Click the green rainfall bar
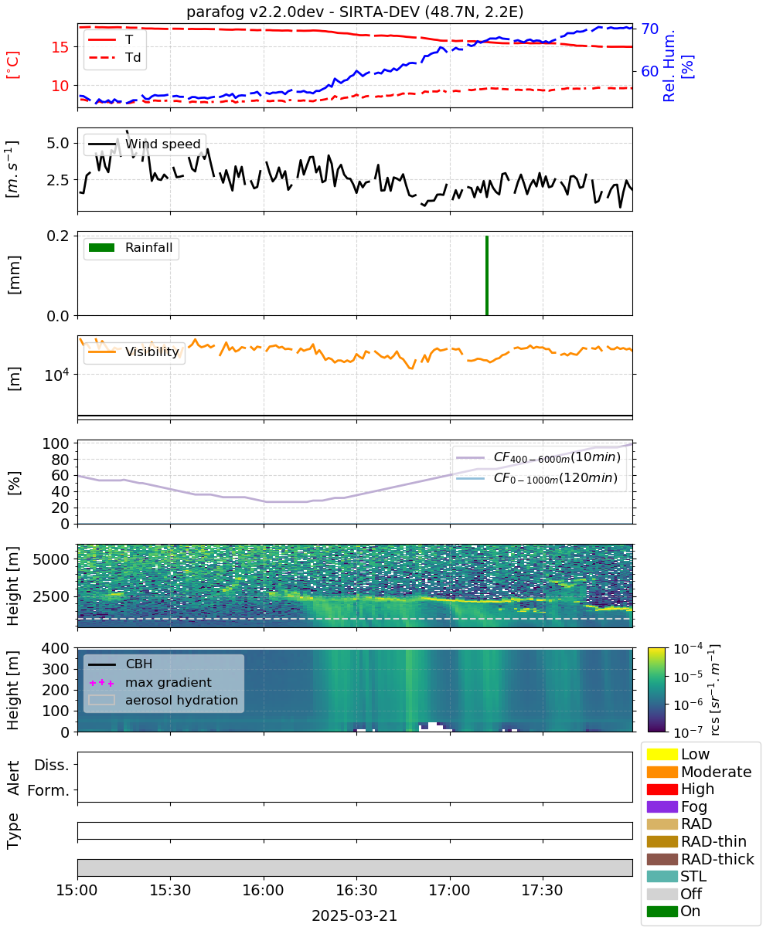pos(486,275)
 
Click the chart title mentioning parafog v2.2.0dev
pos(355,12)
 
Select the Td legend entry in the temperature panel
pos(114,58)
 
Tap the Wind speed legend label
pos(162,144)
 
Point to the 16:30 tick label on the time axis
pos(356,890)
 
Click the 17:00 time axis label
pos(449,890)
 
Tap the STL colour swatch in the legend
pos(662,876)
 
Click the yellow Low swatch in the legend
pos(662,754)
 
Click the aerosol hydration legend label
pos(181,700)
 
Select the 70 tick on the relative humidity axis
pos(649,29)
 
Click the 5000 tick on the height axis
pos(51,559)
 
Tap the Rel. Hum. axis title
pos(669,66)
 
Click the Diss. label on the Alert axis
pos(52,765)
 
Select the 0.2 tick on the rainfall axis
pos(58,236)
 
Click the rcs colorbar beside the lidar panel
pos(656,689)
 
